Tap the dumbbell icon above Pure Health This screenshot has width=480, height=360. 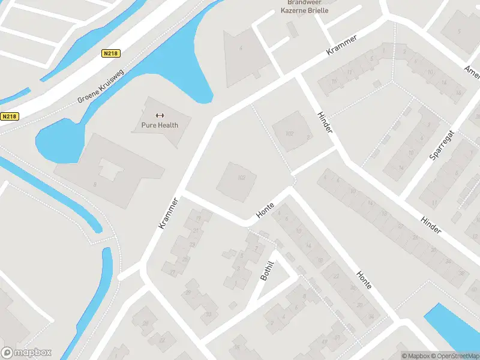pos(160,115)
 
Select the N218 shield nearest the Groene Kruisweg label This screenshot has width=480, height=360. pos(111,53)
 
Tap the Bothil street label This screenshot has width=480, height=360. pos(267,271)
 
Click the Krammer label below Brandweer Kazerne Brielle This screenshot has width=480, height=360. pos(342,46)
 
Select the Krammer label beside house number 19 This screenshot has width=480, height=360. pos(169,213)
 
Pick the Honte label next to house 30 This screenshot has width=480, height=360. pos(364,279)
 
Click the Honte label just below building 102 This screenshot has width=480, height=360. pos(265,210)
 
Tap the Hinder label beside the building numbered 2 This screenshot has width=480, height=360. pos(325,122)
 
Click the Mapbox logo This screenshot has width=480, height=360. pos(26,353)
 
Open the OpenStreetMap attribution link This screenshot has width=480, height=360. pos(458,356)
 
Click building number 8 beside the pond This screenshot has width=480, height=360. pos(95,184)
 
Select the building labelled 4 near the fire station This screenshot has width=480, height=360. pos(241,47)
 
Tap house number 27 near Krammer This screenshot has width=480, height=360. pos(172,272)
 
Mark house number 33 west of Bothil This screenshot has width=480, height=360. pos(209,313)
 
